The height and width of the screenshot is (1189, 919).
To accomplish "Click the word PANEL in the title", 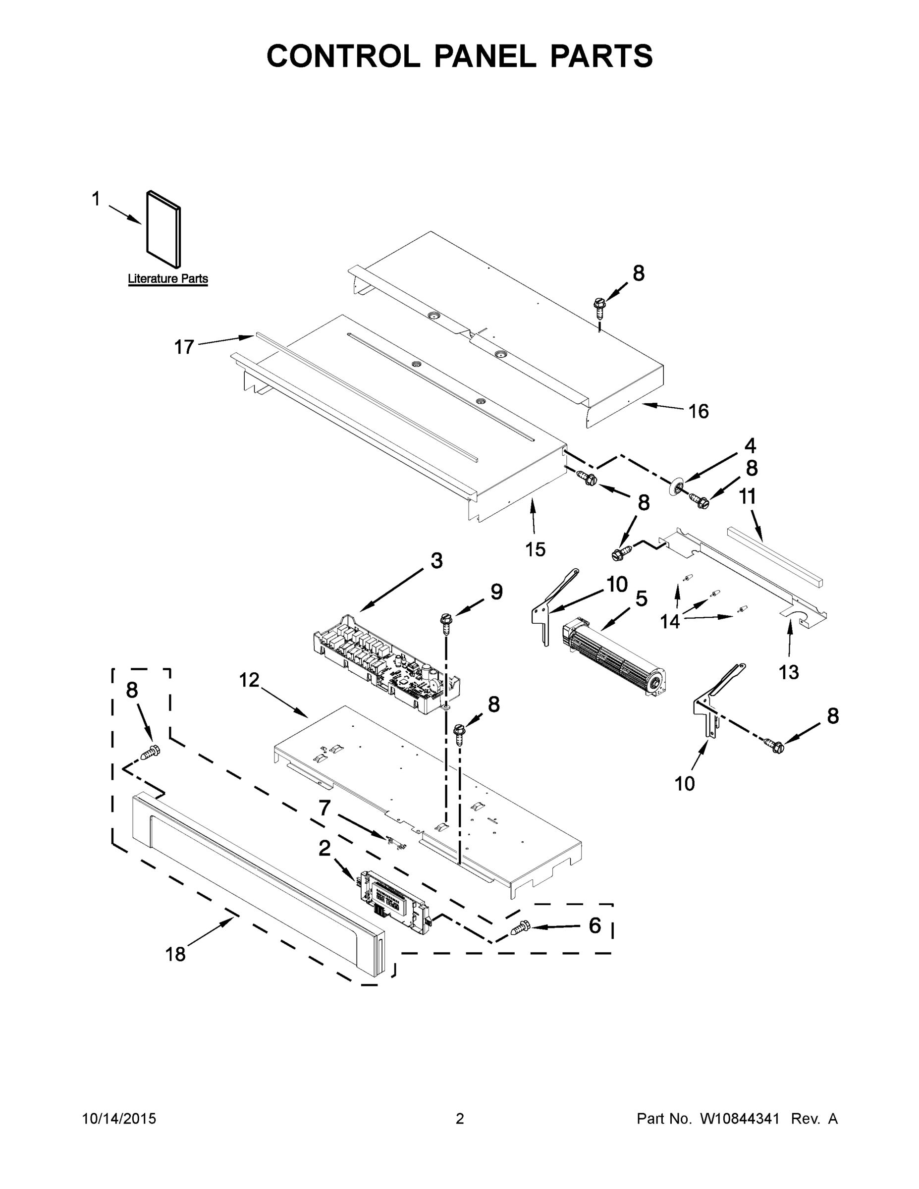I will [485, 56].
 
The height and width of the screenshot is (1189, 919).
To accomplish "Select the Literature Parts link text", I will [167, 279].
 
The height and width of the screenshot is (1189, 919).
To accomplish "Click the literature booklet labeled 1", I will [163, 230].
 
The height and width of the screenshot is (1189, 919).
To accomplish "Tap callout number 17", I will [184, 347].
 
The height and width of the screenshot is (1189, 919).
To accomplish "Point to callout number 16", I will [699, 411].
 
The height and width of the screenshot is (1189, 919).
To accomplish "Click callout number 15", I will [535, 549].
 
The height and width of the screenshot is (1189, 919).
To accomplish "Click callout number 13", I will [788, 672].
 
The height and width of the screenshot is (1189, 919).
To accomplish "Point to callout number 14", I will [670, 621].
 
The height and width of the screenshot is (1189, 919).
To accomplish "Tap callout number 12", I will [249, 680].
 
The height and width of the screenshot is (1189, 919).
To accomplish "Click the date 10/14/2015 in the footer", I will [119, 1118].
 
